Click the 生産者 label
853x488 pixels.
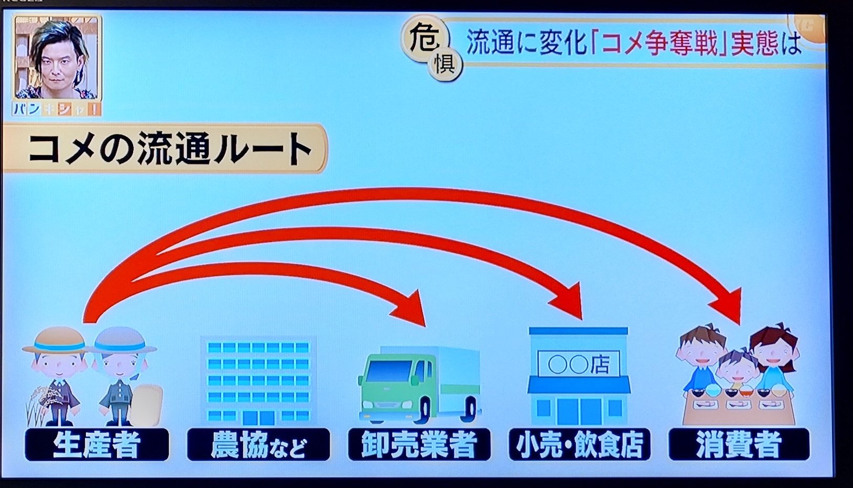(x=97, y=444)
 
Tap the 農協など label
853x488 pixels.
(x=258, y=444)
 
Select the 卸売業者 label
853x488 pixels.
(x=419, y=444)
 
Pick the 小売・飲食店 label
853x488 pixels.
(x=579, y=444)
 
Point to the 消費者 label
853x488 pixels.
(x=739, y=444)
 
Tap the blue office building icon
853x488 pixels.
(x=258, y=380)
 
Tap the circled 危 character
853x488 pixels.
(x=424, y=38)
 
